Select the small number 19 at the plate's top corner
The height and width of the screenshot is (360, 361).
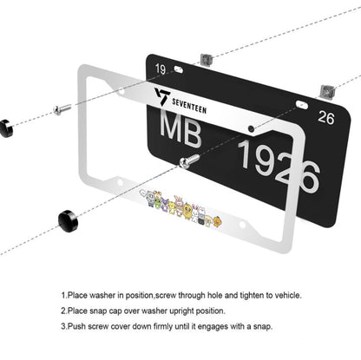(x=159, y=69)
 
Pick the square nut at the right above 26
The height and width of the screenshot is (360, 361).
(x=328, y=89)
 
